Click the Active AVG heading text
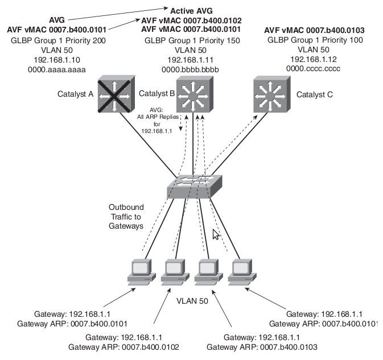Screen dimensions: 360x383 click(192, 10)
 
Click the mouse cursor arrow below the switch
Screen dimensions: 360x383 click(216, 234)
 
